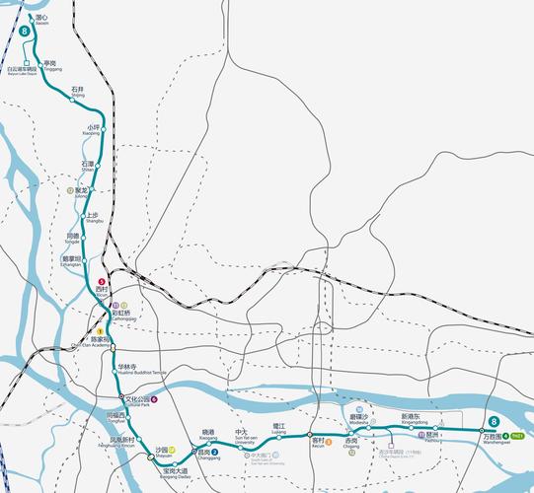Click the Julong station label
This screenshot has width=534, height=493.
81,191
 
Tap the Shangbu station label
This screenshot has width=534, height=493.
93,218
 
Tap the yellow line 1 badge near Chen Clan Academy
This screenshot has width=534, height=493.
99,330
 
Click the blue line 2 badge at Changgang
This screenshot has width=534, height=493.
215,452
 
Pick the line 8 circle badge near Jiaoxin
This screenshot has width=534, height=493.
23,32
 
